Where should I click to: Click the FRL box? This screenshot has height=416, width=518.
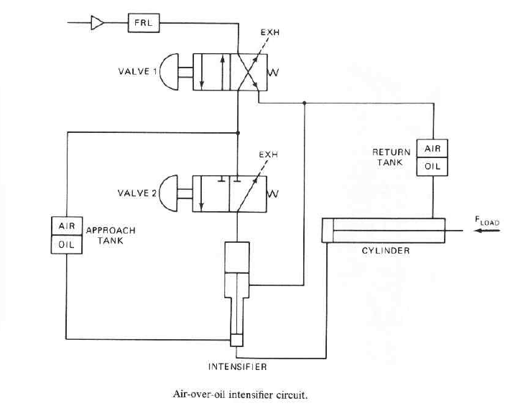coord(144,23)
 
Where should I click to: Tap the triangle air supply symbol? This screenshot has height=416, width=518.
coord(97,23)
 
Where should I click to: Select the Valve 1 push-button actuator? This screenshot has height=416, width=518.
coord(169,72)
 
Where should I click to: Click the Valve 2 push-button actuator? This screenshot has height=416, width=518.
coord(169,193)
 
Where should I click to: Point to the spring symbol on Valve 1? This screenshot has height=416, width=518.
coord(273,73)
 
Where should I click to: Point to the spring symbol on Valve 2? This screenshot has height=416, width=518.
coord(272,193)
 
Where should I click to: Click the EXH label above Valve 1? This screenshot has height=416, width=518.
coord(270,32)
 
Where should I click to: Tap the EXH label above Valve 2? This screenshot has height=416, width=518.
coord(268,154)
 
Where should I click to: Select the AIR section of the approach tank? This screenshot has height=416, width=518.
coord(67,226)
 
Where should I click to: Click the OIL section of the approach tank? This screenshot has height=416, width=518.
coord(67,244)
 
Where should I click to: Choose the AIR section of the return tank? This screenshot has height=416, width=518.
coord(432,149)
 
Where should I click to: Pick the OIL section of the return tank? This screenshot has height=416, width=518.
coord(432,167)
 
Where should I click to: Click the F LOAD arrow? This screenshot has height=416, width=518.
coord(487,231)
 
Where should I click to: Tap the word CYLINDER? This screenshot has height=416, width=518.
coord(386,251)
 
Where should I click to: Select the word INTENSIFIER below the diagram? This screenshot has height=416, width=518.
coord(237,366)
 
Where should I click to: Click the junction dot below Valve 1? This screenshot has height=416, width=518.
coord(238,133)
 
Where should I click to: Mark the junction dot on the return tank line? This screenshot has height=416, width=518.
coord(304,103)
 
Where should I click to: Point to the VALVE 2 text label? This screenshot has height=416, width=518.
coord(137,193)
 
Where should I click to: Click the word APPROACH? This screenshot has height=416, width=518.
coord(111,231)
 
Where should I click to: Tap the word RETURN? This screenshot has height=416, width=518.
coord(391,152)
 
